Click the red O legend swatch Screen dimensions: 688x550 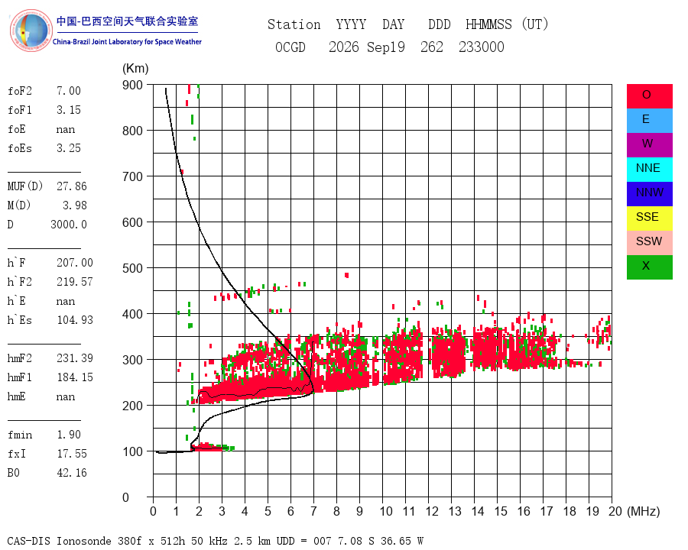click(x=649, y=96)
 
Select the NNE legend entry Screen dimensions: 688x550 click(x=649, y=170)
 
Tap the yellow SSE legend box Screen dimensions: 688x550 click(x=649, y=218)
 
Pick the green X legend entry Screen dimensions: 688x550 click(x=649, y=267)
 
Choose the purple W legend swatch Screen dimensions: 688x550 click(x=649, y=145)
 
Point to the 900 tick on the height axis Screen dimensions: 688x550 click(x=132, y=85)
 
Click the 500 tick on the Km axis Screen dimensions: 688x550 click(x=132, y=268)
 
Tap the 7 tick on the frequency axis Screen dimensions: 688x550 click(x=313, y=511)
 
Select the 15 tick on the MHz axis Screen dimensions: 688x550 click(x=501, y=511)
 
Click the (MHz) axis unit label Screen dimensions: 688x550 click(x=644, y=511)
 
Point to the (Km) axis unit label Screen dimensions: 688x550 click(x=135, y=69)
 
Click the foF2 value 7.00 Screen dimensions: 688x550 click(x=69, y=91)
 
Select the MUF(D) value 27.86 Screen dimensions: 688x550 click(x=72, y=186)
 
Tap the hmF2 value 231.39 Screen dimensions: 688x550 click(x=75, y=358)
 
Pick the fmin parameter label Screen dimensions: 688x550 click(x=20, y=435)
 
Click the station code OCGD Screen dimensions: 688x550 click(x=290, y=47)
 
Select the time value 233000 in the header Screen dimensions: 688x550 click(x=482, y=47)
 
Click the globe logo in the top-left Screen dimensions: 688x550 click(x=31, y=31)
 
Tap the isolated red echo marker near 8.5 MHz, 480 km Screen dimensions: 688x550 click(x=346, y=276)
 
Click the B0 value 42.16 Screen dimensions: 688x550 click(x=72, y=473)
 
